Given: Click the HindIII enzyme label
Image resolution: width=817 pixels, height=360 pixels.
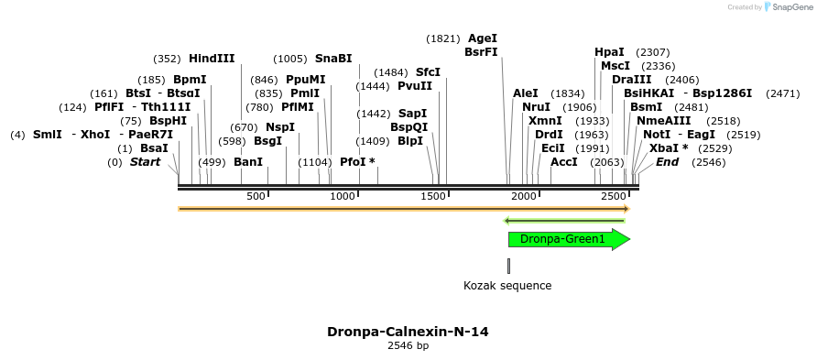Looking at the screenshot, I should [212, 59].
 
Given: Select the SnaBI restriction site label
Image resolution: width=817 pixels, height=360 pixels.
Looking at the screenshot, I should [333, 59].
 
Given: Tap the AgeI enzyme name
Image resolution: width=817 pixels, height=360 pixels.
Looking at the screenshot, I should [483, 38].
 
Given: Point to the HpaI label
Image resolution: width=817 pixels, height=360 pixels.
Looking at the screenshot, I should [609, 52].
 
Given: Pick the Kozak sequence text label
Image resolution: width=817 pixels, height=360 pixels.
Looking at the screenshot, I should [507, 286].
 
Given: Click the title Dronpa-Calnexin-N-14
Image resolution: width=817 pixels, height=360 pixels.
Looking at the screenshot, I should [408, 332].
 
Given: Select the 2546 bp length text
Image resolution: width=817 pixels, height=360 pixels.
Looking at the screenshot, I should [408, 346].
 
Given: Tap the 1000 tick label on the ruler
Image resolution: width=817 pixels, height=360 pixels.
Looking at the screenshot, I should [343, 197].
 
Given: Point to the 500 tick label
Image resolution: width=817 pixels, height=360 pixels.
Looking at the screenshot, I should [256, 197].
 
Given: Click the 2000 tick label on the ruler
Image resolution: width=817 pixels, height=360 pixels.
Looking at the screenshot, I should [523, 197].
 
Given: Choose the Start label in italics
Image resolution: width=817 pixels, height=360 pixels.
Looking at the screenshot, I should [145, 162].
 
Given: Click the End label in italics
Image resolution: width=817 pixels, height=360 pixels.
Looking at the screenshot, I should [667, 162].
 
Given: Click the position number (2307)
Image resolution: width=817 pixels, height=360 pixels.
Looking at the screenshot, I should [653, 52].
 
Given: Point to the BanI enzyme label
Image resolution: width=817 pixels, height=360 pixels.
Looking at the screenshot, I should [248, 162].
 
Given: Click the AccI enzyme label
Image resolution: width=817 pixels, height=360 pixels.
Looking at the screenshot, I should [564, 162].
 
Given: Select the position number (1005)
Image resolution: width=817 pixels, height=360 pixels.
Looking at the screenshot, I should [290, 59].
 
